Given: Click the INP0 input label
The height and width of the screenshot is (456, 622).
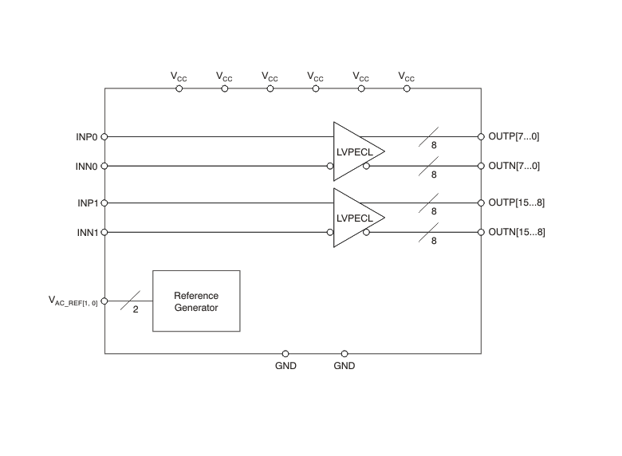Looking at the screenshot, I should [87, 136].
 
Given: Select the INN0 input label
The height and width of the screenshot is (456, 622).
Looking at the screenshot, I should [87, 166].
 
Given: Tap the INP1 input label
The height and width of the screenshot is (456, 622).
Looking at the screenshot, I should [87, 202].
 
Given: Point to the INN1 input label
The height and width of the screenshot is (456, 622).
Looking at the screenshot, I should [87, 232].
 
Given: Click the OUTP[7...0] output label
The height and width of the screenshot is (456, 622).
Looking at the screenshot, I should [514, 136].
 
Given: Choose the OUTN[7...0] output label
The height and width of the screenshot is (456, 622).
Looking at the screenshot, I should [514, 166].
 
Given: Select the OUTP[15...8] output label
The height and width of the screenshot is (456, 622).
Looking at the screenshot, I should [517, 202].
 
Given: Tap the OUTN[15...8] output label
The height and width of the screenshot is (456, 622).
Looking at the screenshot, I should [517, 232].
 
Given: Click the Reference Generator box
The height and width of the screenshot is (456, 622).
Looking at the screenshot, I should [196, 301].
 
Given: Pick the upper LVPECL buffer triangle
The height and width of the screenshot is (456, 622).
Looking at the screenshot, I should [355, 151].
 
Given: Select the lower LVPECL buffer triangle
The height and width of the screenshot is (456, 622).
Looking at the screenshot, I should [355, 218].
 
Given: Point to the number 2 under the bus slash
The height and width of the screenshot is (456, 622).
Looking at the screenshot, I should [136, 309].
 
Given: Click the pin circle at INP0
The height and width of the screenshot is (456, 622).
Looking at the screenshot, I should [104, 136].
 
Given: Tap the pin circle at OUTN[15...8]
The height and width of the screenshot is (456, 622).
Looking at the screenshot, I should [481, 232].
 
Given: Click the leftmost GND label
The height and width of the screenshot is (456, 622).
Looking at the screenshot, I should [285, 366].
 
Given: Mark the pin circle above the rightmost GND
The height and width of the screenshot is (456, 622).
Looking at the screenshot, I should [344, 353].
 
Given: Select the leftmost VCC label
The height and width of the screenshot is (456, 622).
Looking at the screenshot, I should [179, 77].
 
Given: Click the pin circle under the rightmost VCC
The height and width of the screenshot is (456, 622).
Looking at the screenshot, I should [407, 88].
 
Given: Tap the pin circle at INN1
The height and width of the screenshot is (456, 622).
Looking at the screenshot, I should [104, 232].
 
